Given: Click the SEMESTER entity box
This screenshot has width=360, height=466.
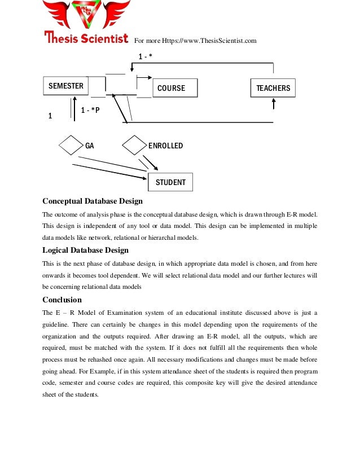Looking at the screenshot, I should [x=65, y=86].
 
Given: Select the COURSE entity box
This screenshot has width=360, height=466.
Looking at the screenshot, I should [x=175, y=88].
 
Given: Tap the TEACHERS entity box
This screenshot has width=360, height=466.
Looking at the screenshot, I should [x=273, y=88].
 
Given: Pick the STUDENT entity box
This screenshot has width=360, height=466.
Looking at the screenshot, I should [x=170, y=182].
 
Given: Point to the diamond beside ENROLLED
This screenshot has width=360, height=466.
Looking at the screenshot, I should [x=134, y=146].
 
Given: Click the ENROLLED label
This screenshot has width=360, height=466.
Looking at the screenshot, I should [x=165, y=146].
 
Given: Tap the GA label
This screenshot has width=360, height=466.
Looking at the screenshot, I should [x=89, y=146].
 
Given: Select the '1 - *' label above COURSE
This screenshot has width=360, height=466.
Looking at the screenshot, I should [x=146, y=56].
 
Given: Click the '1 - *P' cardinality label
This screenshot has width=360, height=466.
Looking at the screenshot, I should [x=90, y=110].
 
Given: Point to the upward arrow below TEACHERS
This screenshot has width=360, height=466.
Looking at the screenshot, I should [x=274, y=104].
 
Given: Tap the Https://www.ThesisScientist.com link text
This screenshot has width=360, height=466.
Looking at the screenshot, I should [x=209, y=41].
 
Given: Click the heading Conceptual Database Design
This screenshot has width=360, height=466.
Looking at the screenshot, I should [x=93, y=201].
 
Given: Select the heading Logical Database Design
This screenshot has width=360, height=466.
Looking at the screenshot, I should [x=85, y=250].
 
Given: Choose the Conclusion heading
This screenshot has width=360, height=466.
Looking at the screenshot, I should [x=62, y=300].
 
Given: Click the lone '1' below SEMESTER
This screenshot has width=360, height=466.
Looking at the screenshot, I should [x=50, y=117].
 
